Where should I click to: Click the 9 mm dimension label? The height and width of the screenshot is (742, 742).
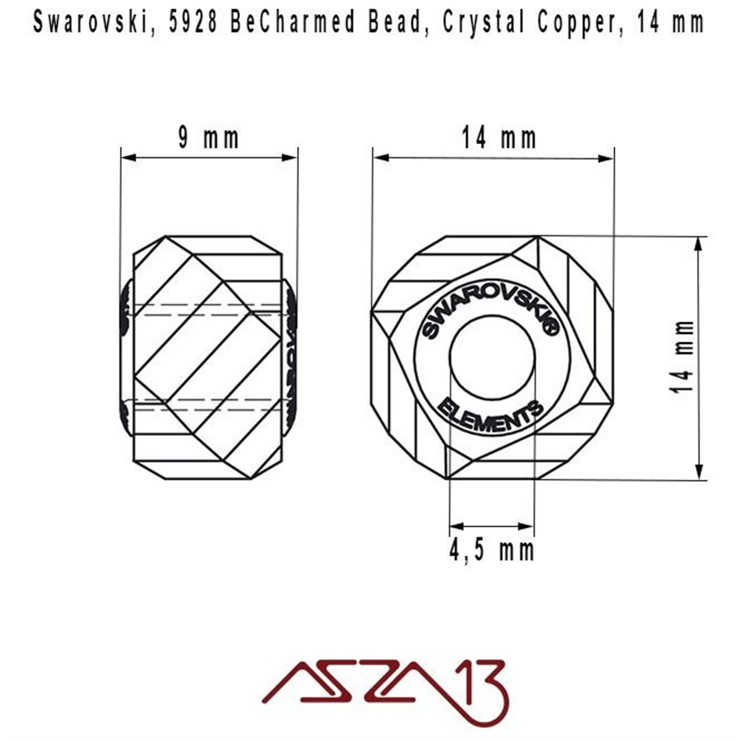pyautogui.click(x=208, y=139)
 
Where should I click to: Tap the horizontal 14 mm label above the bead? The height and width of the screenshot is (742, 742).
pyautogui.click(x=498, y=139)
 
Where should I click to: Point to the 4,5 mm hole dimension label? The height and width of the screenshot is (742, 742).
pyautogui.click(x=491, y=549)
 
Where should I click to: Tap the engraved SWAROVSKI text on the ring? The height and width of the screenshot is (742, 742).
pyautogui.click(x=489, y=312)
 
